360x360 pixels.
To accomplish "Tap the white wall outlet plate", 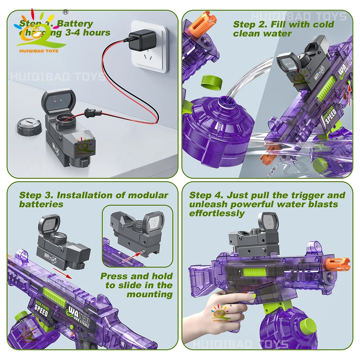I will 149,47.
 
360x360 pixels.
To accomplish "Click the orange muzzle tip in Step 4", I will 337,264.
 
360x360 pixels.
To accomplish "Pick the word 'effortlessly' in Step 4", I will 217,213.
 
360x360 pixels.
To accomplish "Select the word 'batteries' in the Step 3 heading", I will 41,204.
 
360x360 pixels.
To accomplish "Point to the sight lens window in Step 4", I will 268,221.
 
